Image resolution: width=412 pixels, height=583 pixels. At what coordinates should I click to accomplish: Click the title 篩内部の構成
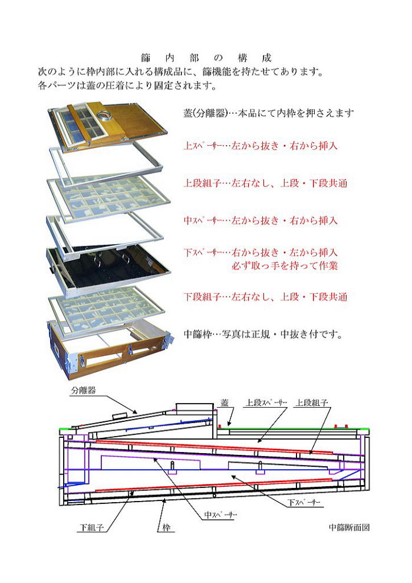[206, 58]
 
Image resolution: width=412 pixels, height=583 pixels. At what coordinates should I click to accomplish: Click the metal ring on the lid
[103, 116]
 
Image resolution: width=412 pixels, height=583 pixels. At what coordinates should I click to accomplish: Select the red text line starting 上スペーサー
[261, 145]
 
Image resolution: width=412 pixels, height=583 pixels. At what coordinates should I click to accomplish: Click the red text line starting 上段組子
[265, 183]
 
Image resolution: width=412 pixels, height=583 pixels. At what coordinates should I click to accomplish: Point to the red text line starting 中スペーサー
[261, 221]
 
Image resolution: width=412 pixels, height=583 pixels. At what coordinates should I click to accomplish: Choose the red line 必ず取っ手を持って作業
[285, 266]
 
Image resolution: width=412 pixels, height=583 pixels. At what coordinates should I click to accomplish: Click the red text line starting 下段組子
[265, 297]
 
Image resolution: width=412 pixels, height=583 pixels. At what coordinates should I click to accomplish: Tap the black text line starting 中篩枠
[263, 334]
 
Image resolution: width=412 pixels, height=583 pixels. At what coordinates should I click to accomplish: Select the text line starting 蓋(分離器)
[269, 113]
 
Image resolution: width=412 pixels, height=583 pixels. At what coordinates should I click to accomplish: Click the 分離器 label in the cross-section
[84, 390]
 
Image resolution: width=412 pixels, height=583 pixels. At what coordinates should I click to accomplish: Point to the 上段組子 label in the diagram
[312, 402]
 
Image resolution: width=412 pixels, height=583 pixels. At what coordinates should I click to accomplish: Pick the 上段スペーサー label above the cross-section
[266, 402]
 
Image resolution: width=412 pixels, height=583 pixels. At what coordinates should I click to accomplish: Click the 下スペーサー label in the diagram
[304, 502]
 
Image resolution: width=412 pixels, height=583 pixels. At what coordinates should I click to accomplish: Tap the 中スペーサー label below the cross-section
[220, 515]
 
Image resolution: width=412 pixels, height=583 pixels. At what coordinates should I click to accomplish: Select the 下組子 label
[91, 527]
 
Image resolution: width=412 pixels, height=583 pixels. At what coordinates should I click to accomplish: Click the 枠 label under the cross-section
[166, 527]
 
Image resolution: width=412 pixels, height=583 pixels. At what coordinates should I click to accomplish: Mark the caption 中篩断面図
[349, 527]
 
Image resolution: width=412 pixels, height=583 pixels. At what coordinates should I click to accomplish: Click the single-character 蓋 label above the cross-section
[225, 402]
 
